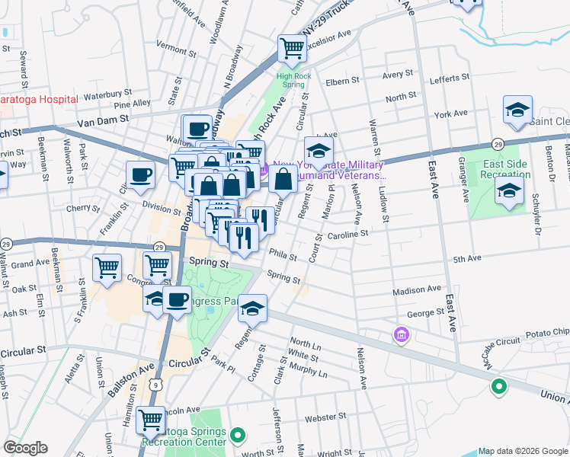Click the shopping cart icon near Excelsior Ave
[x=292, y=48]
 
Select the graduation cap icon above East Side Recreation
[x=517, y=110]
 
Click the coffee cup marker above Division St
[x=140, y=174]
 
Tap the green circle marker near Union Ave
[x=499, y=387]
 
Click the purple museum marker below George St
[x=401, y=334]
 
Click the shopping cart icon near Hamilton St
[x=151, y=420]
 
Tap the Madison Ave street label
[x=417, y=290]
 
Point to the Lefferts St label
[x=450, y=78]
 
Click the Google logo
[x=25, y=448]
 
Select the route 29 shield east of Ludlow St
[x=497, y=143]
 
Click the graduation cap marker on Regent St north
[x=319, y=150]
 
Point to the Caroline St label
[x=347, y=235]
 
